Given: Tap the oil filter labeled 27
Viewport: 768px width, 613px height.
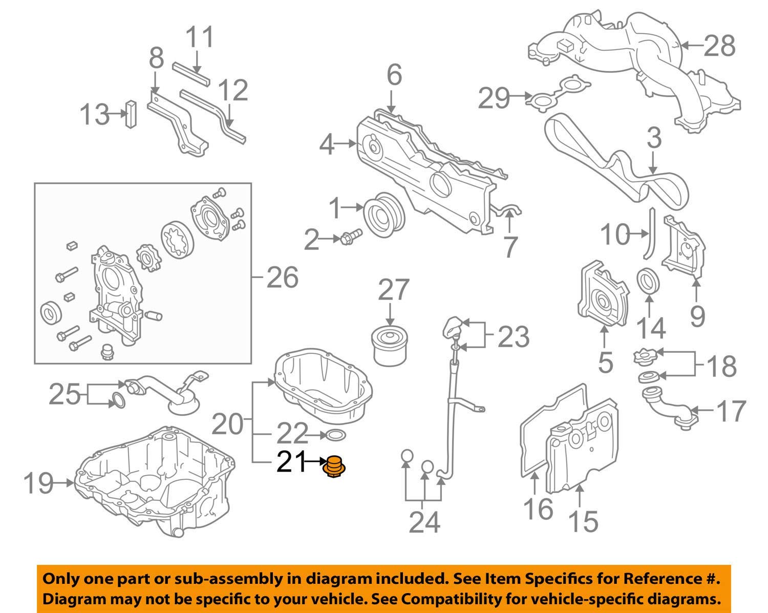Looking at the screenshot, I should click(390, 346).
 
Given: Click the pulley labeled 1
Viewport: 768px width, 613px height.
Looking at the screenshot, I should click(383, 215).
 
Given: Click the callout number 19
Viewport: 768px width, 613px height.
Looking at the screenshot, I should click(38, 482).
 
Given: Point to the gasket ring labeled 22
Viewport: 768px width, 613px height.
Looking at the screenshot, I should click(335, 436).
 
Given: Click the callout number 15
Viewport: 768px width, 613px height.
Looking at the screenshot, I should click(583, 521).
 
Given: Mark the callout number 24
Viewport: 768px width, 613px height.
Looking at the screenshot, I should click(424, 522).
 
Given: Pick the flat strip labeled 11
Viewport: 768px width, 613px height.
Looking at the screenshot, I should click(190, 74).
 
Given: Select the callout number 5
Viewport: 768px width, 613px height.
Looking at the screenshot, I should click(605, 362).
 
